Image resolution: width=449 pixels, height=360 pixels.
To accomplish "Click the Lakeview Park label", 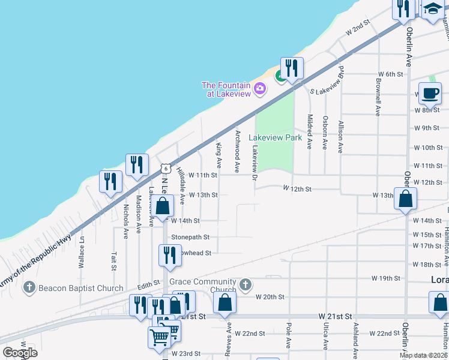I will click(275, 137).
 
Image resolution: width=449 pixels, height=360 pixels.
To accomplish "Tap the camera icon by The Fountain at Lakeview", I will click(260, 89).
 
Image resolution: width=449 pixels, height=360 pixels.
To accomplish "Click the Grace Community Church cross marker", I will click(245, 284).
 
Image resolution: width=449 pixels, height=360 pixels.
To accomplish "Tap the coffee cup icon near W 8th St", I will click(430, 94).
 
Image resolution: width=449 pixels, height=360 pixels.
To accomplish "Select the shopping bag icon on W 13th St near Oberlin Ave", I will click(405, 199).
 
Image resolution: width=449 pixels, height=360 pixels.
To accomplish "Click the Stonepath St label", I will click(190, 238).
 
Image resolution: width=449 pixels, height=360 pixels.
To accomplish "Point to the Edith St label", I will click(149, 282).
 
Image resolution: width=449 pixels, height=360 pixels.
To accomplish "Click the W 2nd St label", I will click(356, 28).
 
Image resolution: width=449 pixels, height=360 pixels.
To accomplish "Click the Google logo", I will click(20, 353).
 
